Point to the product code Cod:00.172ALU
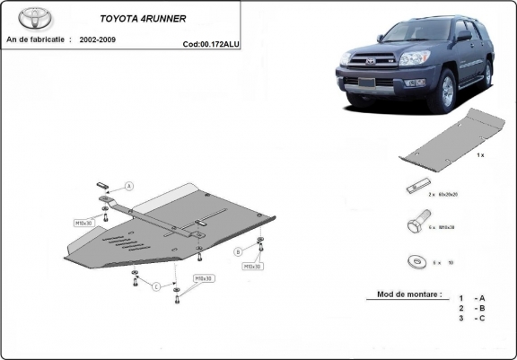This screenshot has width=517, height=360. (x=209, y=42)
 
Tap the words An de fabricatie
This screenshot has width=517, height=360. (x=39, y=40)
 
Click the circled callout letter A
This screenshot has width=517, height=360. (x=129, y=186)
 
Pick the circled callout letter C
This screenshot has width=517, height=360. (x=156, y=286)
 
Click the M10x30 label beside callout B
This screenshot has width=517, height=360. (x=250, y=267)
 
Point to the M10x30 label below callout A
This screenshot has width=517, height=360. (x=83, y=221)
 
